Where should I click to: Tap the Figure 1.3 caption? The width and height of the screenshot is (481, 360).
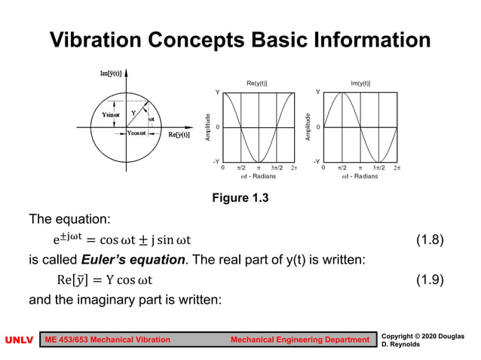(241, 198)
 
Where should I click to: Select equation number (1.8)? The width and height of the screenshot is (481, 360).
(429, 240)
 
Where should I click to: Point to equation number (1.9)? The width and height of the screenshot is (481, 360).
(429, 279)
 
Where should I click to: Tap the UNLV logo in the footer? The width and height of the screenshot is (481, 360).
(19, 340)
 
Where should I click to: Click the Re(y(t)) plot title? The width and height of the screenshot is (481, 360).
(257, 83)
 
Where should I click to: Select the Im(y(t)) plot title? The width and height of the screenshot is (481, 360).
(360, 83)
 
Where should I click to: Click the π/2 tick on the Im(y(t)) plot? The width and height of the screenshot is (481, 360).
(342, 168)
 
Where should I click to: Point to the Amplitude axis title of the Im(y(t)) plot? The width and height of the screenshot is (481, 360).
(308, 127)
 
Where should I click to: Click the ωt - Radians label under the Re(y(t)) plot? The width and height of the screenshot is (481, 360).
(258, 177)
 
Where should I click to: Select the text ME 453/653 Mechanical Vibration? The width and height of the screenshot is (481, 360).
(109, 340)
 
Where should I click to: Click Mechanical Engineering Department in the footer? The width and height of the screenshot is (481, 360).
(300, 340)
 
